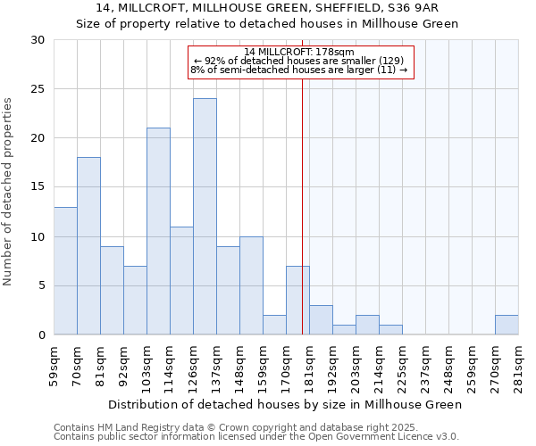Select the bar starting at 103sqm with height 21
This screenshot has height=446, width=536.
click(x=158, y=232)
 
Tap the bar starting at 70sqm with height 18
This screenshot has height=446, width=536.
click(x=88, y=246)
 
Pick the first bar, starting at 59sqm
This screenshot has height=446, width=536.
click(x=65, y=271)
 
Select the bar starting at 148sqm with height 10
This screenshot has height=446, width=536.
click(x=251, y=286)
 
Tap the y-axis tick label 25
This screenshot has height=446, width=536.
click(x=38, y=89)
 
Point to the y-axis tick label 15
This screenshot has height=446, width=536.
click(x=38, y=187)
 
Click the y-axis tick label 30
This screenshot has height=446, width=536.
click(x=38, y=40)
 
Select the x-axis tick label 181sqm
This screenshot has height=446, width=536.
click(x=310, y=367)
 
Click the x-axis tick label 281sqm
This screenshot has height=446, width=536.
click(x=519, y=367)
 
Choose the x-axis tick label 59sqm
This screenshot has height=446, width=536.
click(x=54, y=367)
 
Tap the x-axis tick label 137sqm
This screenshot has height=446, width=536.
click(x=217, y=367)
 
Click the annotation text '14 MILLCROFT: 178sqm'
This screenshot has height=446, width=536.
click(x=300, y=52)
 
